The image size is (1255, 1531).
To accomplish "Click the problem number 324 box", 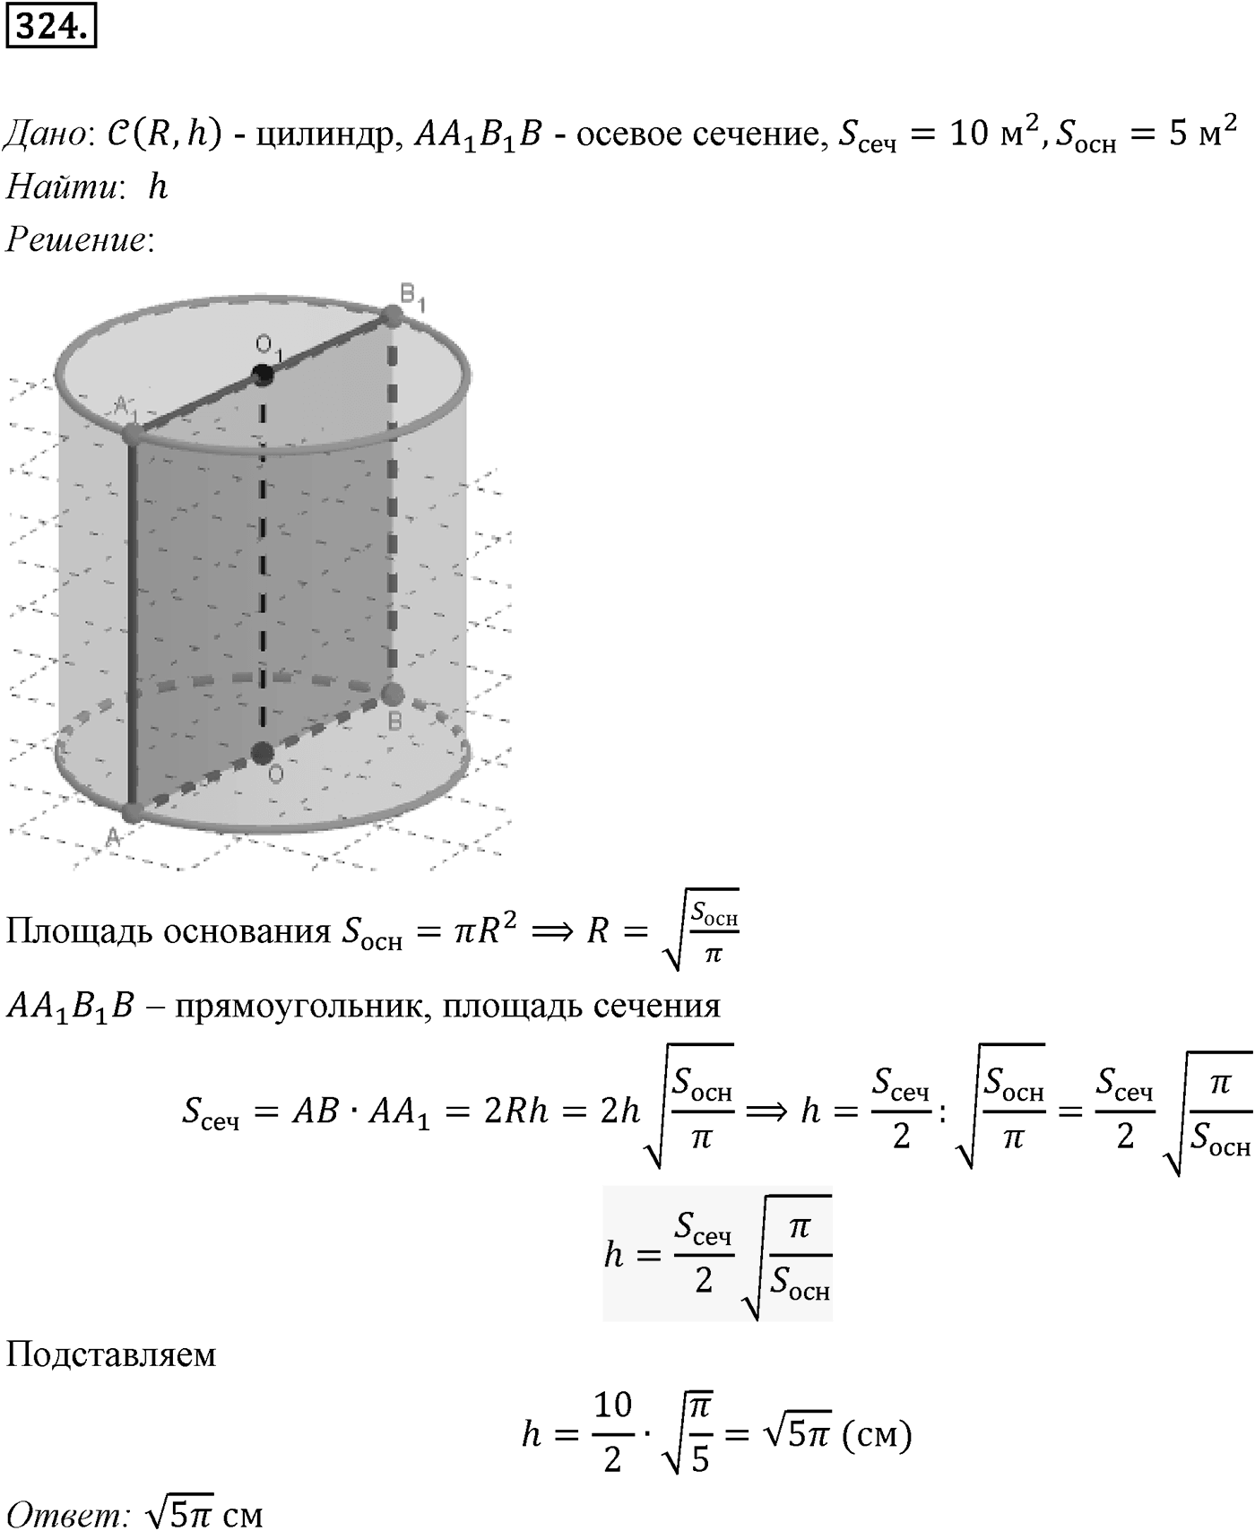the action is coord(50,29).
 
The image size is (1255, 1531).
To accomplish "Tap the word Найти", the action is coord(59,187).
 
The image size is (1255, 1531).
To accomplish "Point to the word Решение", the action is coord(75,241).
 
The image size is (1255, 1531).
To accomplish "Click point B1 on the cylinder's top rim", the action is coord(393,316).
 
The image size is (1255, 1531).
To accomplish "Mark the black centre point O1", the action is coord(263,375).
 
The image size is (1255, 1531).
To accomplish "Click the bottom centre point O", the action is coord(262,753).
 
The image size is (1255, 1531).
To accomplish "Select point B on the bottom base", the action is coord(392,694).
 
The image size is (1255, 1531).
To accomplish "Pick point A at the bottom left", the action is coord(132,812).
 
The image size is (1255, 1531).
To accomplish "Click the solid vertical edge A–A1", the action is coord(132,624).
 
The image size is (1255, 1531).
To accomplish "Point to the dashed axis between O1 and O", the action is coord(263,564).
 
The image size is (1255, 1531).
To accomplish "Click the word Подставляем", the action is coord(111,1354).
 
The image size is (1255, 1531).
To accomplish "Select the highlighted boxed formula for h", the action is coord(717,1253).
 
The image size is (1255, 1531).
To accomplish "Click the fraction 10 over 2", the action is coord(613,1432).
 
